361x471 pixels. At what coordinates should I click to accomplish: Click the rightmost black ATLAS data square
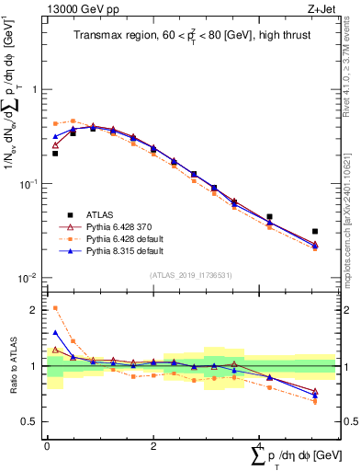tap(315, 232)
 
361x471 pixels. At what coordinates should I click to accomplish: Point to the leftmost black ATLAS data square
tap(55, 154)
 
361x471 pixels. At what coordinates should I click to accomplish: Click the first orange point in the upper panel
tap(55, 123)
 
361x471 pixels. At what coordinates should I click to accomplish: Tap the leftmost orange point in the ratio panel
tap(55, 308)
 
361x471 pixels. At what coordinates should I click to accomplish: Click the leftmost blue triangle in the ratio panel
tap(55, 333)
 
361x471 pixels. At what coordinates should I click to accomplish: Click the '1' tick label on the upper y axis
tap(34, 90)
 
